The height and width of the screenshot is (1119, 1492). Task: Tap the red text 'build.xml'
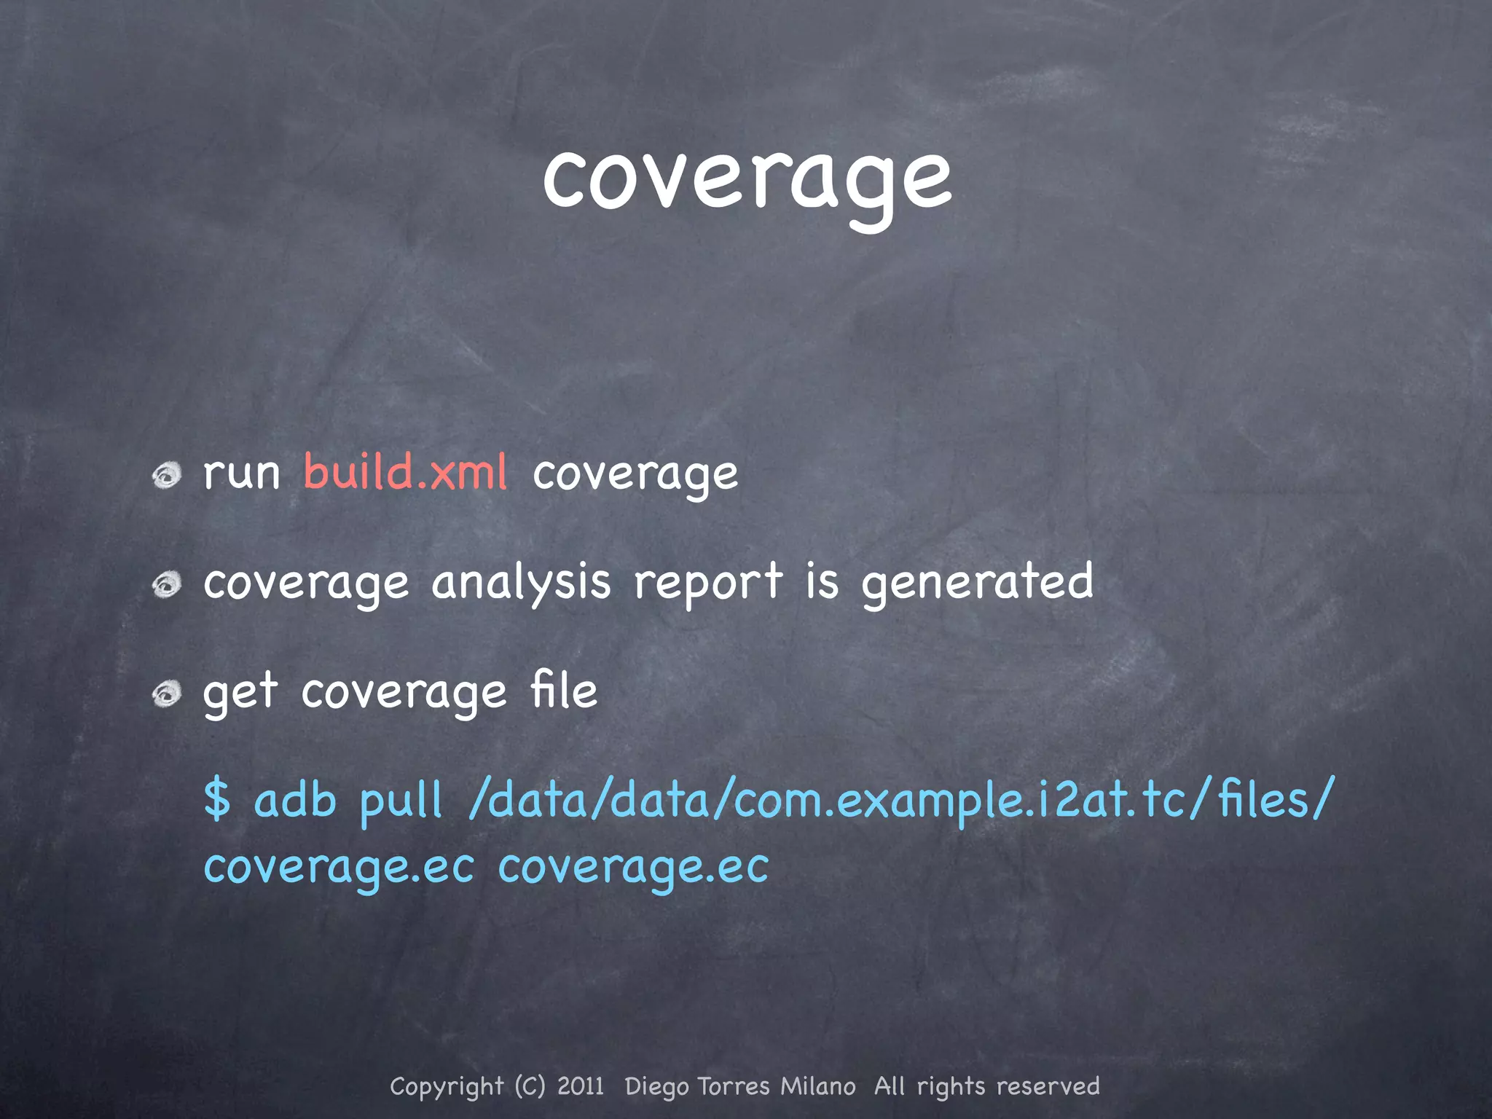point(405,472)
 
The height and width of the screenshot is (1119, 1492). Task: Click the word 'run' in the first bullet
point(241,474)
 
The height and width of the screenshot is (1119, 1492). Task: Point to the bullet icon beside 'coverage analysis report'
point(167,584)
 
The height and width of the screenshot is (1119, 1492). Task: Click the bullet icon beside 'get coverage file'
point(167,694)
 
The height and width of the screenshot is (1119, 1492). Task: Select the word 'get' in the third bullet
point(240,694)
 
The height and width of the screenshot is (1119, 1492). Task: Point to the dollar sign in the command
point(217,799)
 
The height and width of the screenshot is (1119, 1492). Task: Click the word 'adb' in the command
point(295,800)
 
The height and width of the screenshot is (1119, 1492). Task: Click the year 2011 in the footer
point(581,1086)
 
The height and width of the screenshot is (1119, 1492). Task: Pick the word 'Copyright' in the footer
point(447,1087)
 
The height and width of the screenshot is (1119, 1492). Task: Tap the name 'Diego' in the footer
point(656,1087)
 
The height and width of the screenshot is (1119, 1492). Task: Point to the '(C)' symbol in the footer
point(530,1086)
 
